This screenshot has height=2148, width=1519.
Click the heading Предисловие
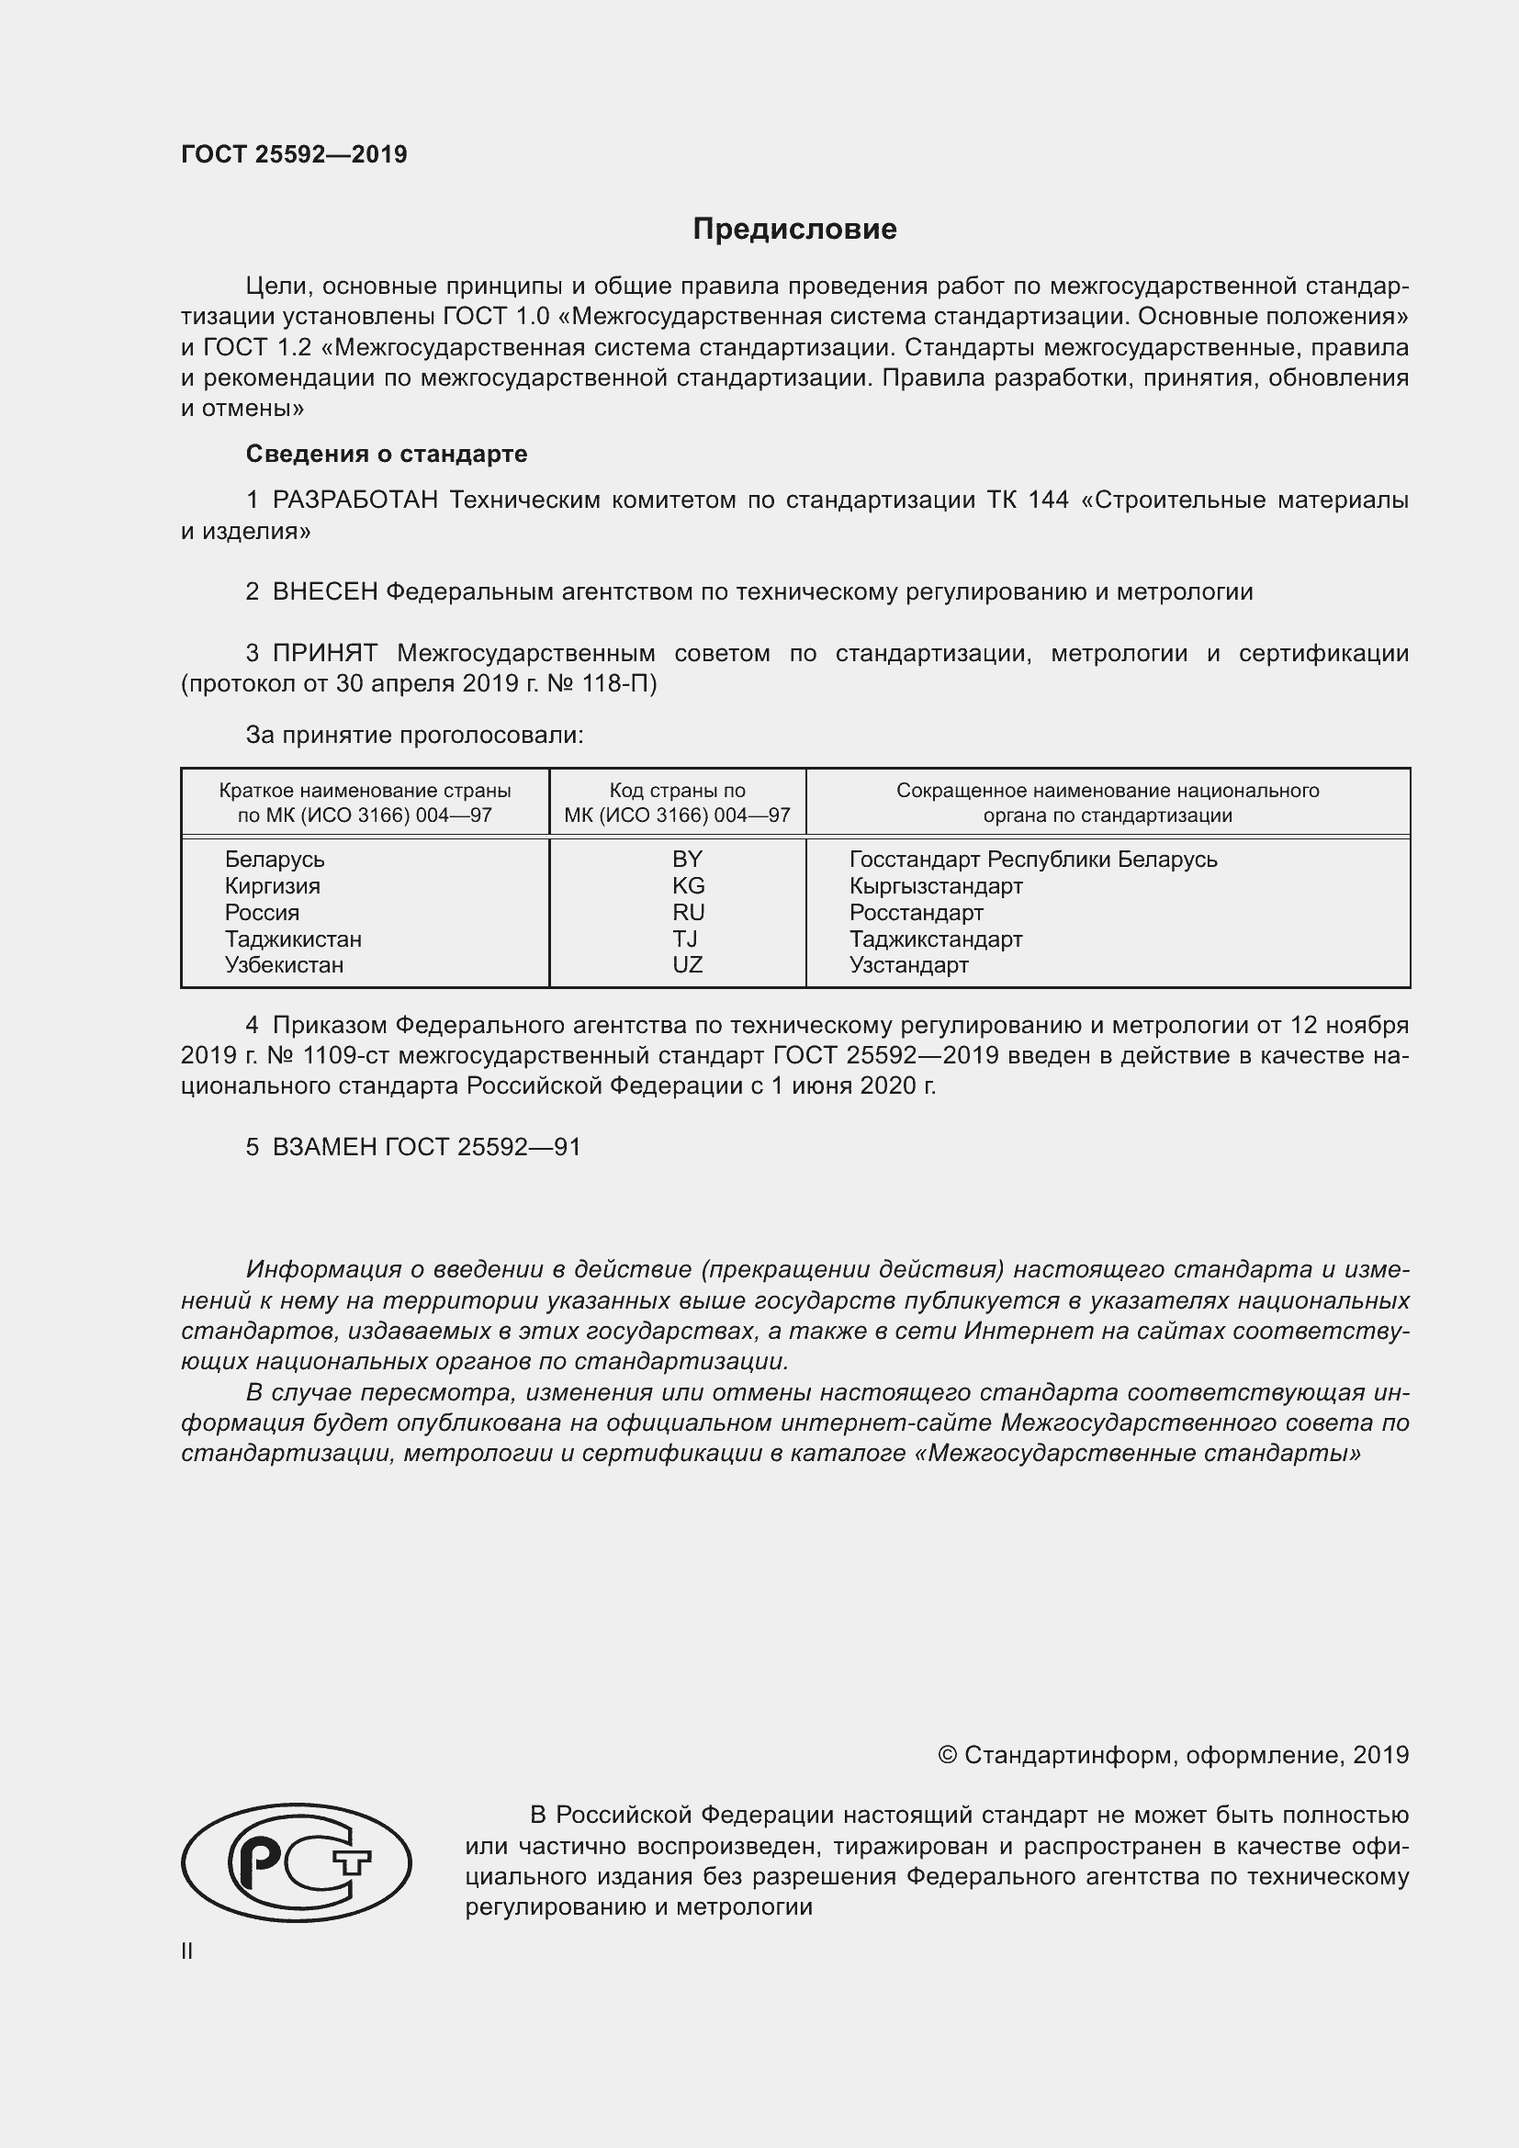tap(794, 230)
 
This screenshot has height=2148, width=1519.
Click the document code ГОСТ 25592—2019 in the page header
tap(294, 154)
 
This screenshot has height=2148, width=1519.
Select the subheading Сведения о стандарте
tap(387, 454)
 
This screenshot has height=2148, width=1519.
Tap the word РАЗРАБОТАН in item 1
tap(355, 500)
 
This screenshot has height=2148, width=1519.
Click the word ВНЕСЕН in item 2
tap(324, 592)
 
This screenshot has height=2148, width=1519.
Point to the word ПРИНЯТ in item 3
tap(324, 653)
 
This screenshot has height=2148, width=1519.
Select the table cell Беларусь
tap(274, 859)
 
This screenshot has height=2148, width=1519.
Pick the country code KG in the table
tap(688, 886)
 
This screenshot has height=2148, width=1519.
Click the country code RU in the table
tap(688, 912)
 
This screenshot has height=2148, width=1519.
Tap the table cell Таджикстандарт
tap(935, 939)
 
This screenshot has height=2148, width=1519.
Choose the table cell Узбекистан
tap(284, 964)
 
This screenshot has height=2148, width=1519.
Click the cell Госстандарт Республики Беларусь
tap(1032, 859)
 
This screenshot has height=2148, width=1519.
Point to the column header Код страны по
tap(677, 791)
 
